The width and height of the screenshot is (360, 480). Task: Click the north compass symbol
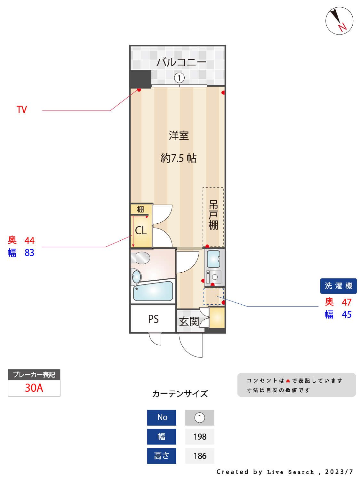(339, 21)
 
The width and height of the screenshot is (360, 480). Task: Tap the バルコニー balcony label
(181, 62)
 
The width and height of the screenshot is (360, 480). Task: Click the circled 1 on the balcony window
(180, 78)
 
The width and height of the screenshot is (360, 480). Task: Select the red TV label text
(22, 110)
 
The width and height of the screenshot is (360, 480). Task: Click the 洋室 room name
(179, 136)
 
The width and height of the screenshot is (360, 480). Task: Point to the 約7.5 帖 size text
(178, 158)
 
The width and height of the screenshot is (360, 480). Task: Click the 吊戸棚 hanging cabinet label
(213, 215)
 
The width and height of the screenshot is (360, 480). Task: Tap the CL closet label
(141, 230)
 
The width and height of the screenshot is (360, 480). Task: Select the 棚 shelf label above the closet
(140, 210)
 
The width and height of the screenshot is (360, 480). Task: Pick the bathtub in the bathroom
(153, 291)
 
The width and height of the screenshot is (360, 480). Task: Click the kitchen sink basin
(213, 259)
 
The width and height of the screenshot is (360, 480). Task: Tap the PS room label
(153, 319)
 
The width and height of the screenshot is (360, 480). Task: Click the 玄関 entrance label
(189, 321)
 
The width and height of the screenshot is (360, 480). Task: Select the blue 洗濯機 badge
(338, 286)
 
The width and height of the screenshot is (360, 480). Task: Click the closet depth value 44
(29, 240)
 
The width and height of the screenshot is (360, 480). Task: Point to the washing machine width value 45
(347, 315)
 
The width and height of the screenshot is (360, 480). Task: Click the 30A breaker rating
(34, 388)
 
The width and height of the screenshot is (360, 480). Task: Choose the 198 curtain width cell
(200, 437)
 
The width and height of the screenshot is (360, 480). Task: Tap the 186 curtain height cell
(200, 456)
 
